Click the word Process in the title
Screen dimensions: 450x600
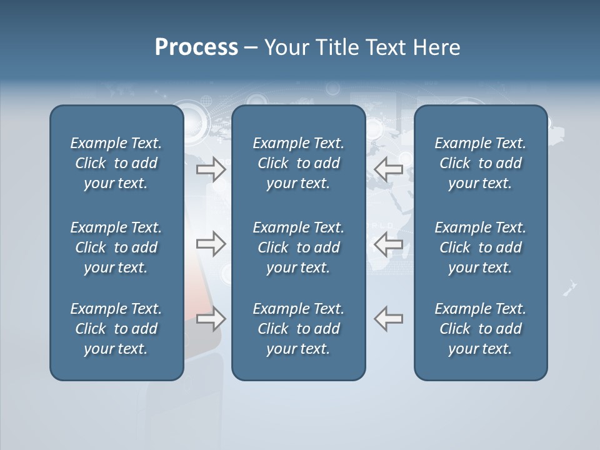pos(196,47)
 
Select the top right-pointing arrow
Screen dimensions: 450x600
pos(211,169)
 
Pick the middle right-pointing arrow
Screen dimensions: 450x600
pos(211,244)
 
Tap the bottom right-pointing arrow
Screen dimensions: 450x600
pos(211,319)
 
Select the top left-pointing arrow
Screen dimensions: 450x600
pos(388,169)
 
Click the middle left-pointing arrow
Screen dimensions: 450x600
pos(388,244)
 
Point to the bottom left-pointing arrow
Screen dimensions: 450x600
pos(388,319)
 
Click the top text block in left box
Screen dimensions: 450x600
pos(116,163)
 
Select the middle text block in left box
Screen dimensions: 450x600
pos(116,247)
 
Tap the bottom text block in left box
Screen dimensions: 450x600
pos(116,329)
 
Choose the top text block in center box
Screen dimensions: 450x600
pos(298,163)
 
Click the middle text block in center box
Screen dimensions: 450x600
pos(298,247)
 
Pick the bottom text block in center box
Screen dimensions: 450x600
pos(298,329)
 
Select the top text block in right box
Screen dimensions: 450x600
pos(480,163)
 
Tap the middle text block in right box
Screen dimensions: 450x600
pos(480,247)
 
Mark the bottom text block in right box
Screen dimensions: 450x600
pos(480,329)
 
